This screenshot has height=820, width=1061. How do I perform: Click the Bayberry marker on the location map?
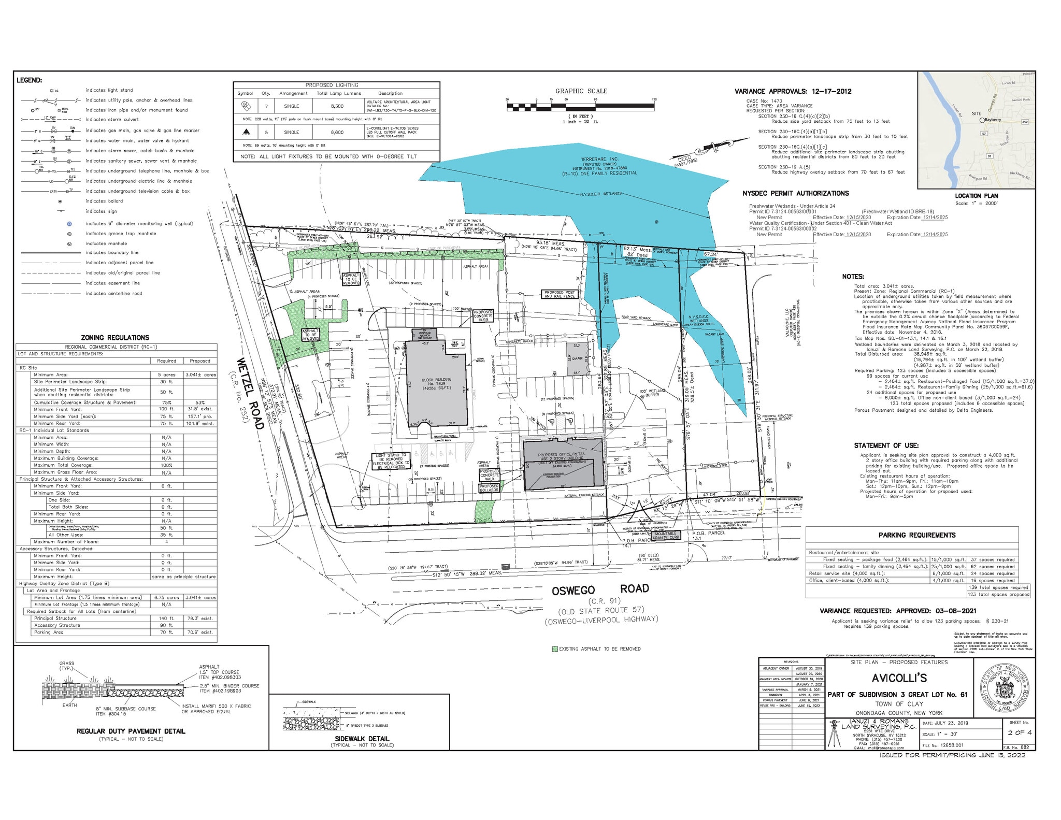(982, 120)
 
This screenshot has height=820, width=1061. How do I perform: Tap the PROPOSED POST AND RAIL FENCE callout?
(560, 294)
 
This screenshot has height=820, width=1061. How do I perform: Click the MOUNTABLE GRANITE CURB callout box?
(666, 536)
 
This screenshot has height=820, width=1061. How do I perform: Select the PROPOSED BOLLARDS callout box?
(489, 488)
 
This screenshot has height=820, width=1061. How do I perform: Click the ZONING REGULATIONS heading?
(115, 338)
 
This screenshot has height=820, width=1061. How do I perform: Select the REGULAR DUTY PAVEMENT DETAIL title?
(131, 731)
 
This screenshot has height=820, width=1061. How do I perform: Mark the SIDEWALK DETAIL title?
(362, 739)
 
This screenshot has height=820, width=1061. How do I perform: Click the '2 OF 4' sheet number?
(1019, 733)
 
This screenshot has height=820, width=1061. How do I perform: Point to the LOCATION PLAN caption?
(976, 196)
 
